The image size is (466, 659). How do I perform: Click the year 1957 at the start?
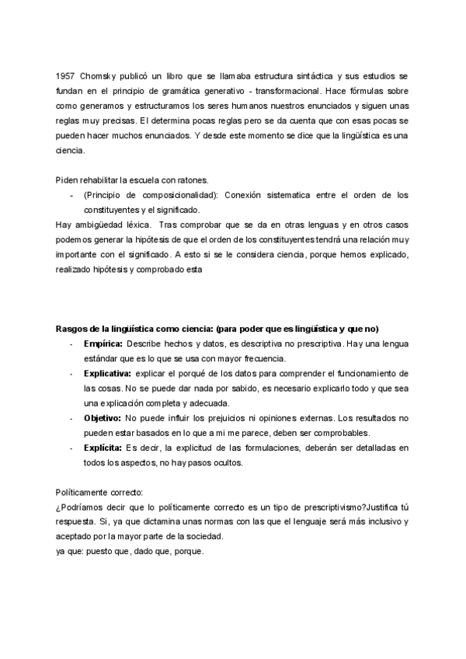click(x=65, y=75)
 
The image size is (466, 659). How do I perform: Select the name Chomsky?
click(x=97, y=75)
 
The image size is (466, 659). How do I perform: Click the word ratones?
click(x=190, y=180)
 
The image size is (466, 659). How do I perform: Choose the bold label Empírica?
click(x=103, y=343)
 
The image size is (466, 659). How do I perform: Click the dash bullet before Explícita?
click(x=72, y=448)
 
